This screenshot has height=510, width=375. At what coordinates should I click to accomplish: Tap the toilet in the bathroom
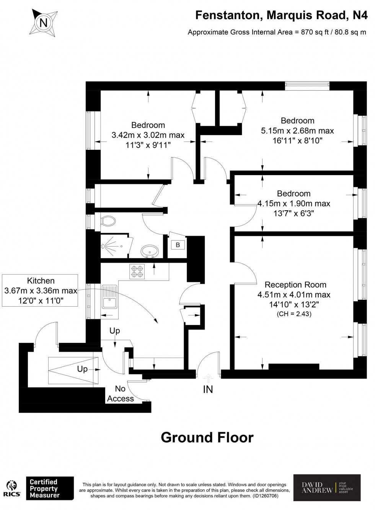coord(109,221)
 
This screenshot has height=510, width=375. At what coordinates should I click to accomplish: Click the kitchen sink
coord(109,297)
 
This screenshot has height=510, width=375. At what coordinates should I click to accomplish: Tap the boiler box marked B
coord(178,245)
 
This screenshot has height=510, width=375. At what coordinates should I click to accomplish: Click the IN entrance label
coord(208,390)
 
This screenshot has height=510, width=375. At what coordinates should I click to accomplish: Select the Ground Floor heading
coord(207,437)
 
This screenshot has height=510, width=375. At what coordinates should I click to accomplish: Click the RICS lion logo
coord(12,489)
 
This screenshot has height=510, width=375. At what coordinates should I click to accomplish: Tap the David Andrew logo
coord(327,487)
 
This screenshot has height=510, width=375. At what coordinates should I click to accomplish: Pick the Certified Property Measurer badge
coord(49,489)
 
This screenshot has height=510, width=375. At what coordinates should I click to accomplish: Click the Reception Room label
coord(295,285)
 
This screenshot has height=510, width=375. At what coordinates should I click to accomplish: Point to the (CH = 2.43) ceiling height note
coord(294,314)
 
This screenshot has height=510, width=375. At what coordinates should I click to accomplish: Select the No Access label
coord(120,394)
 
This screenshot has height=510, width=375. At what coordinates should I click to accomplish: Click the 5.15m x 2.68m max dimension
coord(297,131)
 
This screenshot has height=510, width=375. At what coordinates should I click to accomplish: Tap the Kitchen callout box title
coord(41,281)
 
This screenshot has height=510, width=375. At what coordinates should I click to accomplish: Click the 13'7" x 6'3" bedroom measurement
coord(293,213)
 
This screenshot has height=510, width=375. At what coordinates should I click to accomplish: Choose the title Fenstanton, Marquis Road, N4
coord(281,15)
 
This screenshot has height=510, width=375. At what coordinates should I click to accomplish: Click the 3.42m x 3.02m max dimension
coord(148,135)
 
